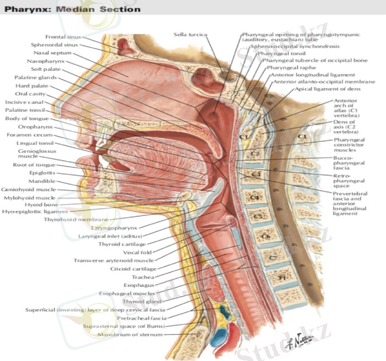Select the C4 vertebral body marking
255,197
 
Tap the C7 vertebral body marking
273,258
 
